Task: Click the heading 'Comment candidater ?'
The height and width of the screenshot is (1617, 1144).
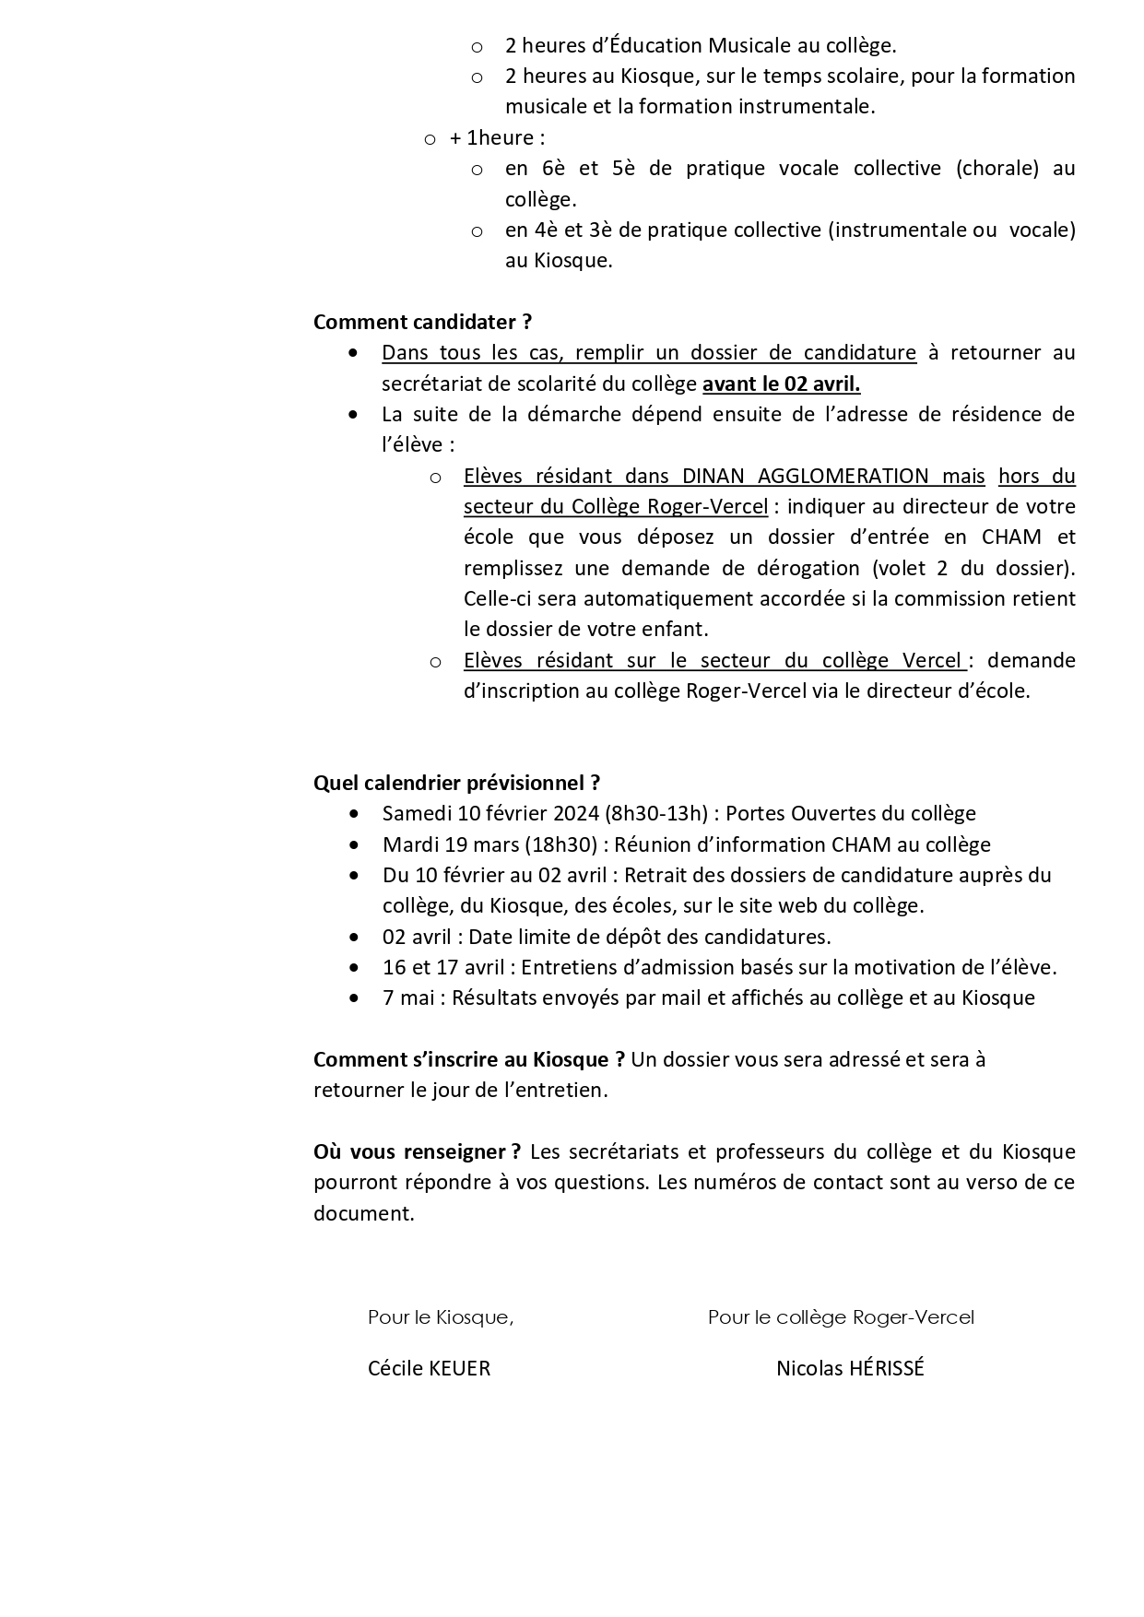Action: (x=422, y=322)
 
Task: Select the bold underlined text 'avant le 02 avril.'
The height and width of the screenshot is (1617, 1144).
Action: (x=781, y=384)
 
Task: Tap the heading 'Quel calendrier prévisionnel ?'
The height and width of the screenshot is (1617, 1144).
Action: (x=456, y=783)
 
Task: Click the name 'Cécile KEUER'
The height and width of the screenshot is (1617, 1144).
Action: (x=429, y=1368)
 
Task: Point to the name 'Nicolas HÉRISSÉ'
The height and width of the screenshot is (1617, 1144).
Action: (x=850, y=1368)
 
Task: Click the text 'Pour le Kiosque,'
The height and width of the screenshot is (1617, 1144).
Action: (x=441, y=1316)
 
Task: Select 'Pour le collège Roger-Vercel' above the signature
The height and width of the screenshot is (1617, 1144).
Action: (x=841, y=1316)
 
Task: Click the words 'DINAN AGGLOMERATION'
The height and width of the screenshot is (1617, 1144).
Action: (x=805, y=476)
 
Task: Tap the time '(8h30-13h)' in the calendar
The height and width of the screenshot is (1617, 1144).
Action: (x=656, y=813)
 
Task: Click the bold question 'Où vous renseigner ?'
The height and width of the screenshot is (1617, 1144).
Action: (x=417, y=1151)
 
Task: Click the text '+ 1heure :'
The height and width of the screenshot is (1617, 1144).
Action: (x=497, y=137)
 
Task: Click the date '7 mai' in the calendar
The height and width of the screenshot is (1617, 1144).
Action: (x=408, y=997)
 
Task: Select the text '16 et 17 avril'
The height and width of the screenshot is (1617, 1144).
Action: (x=443, y=967)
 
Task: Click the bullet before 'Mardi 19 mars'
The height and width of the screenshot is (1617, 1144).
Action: (x=354, y=844)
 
